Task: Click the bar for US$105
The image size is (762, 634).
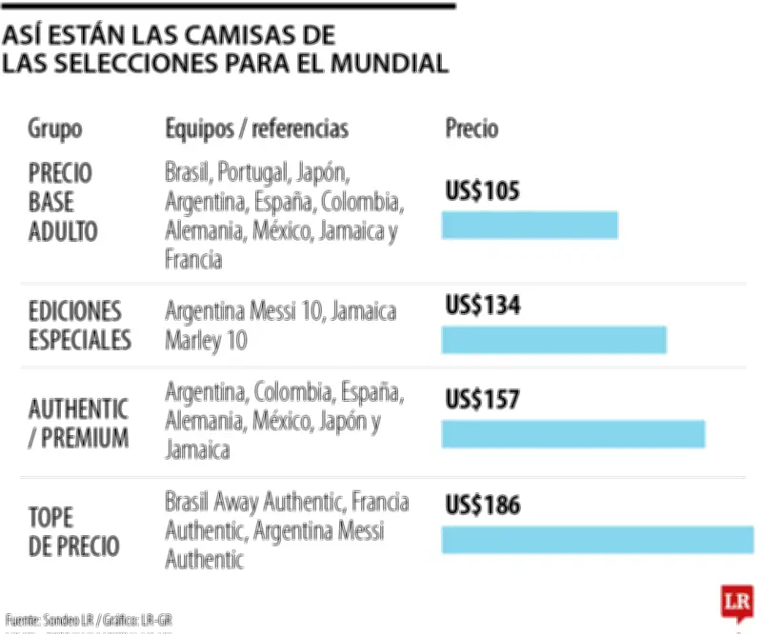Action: pos(530,226)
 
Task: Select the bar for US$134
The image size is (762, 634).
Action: pos(553,339)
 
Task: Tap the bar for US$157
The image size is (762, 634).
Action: pos(572,434)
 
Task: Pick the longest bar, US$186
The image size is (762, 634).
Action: pos(597,539)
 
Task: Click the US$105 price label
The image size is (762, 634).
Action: pos(483,191)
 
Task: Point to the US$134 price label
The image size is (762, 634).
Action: pos(483,306)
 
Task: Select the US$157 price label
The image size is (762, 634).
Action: pos(483,400)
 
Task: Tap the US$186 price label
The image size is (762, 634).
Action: pos(483,505)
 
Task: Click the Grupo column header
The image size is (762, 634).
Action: pos(54,129)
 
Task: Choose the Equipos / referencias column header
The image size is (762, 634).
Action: pos(256,129)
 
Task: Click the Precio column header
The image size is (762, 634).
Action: pos(471,129)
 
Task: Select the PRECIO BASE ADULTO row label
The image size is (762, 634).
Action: pos(63,202)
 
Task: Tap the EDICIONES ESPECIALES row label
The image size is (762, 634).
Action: pos(79,326)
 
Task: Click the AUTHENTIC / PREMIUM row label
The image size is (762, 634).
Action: pos(78,424)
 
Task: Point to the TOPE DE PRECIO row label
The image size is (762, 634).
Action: pos(73,531)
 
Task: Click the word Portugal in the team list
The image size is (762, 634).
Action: pos(252,173)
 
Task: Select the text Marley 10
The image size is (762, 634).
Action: pos(206,340)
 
